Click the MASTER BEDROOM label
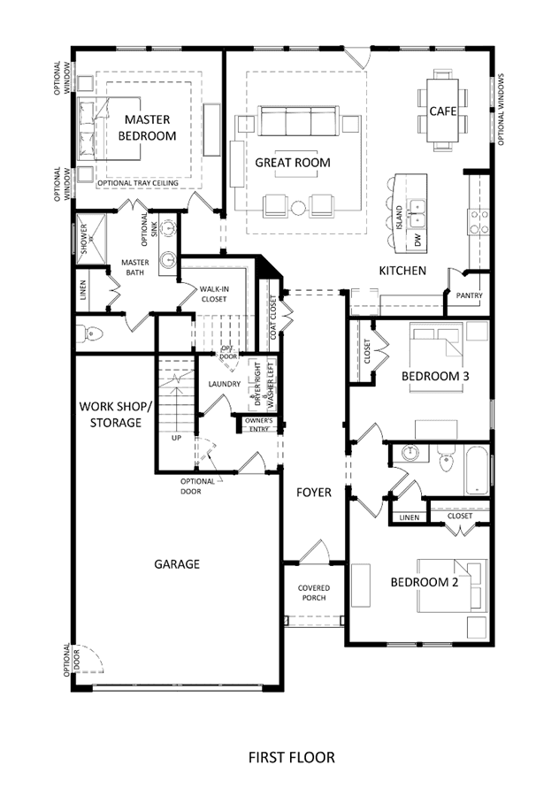pyautogui.click(x=147, y=127)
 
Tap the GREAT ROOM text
pyautogui.click(x=293, y=163)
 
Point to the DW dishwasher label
pyautogui.click(x=418, y=240)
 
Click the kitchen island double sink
pyautogui.click(x=417, y=213)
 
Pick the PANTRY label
pyautogui.click(x=469, y=295)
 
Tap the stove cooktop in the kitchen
pyautogui.click(x=479, y=222)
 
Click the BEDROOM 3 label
pyautogui.click(x=435, y=376)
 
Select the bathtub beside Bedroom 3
pyautogui.click(x=477, y=470)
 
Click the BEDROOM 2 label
pyautogui.click(x=425, y=582)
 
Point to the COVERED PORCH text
pyautogui.click(x=314, y=593)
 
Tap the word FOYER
pyautogui.click(x=314, y=493)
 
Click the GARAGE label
pyautogui.click(x=177, y=564)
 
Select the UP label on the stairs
pyautogui.click(x=176, y=438)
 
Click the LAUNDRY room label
pyautogui.click(x=224, y=384)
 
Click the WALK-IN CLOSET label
pyautogui.click(x=214, y=294)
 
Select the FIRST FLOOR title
pyautogui.click(x=291, y=757)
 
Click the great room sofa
pyautogui.click(x=298, y=121)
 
